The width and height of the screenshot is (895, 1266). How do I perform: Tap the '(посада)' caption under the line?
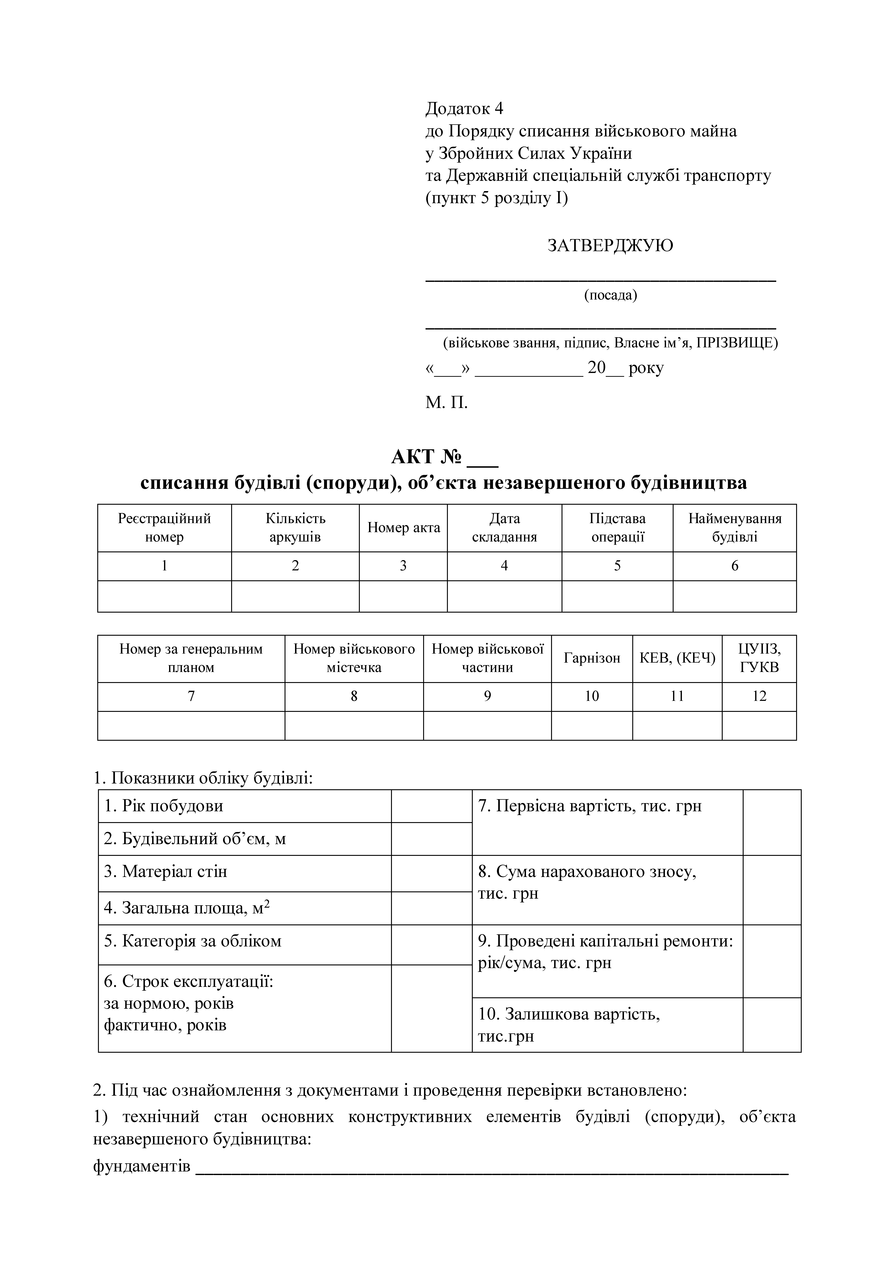(x=610, y=295)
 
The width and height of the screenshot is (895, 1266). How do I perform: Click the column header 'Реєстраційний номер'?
(x=164, y=528)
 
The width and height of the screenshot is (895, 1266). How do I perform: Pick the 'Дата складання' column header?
(x=504, y=528)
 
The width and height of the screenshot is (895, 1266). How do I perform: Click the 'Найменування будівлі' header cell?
(x=735, y=528)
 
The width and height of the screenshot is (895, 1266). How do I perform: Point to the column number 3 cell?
(x=403, y=566)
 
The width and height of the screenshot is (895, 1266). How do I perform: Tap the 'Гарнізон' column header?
(x=592, y=658)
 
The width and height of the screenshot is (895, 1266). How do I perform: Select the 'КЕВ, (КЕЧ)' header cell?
(x=677, y=658)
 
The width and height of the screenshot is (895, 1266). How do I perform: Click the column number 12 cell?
(x=759, y=696)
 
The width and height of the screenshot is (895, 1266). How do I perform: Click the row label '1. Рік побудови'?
(x=164, y=806)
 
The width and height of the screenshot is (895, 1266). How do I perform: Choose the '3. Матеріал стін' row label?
(x=165, y=872)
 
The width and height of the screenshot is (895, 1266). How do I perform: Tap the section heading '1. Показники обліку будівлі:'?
(x=203, y=778)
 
